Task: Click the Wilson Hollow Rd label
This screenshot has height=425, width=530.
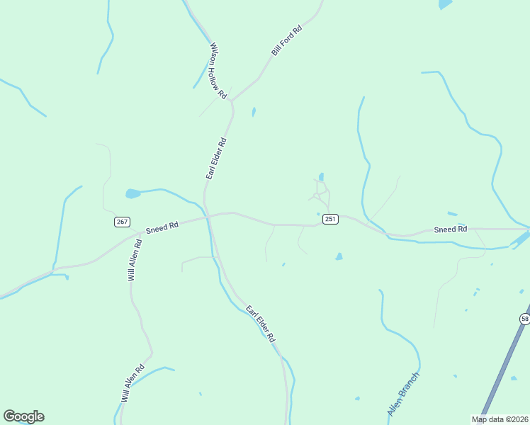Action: click(218, 71)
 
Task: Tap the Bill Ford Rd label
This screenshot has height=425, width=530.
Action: click(286, 40)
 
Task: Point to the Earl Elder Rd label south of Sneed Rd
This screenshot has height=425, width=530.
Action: click(260, 324)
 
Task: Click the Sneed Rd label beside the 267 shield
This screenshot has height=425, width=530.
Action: click(162, 227)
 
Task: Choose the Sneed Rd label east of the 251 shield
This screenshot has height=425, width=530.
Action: click(451, 229)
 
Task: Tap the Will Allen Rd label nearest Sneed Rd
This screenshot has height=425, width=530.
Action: click(135, 260)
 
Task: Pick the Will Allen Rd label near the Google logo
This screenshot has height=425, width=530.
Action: click(132, 383)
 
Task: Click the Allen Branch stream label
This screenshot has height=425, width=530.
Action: click(404, 395)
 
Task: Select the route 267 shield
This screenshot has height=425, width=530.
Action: click(122, 222)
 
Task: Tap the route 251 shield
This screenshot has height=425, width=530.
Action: click(330, 219)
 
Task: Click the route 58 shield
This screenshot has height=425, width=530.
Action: click(524, 319)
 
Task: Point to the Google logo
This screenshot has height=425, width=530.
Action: click(23, 416)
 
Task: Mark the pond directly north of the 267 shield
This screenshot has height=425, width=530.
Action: click(132, 193)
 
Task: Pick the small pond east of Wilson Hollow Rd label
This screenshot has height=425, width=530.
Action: click(254, 111)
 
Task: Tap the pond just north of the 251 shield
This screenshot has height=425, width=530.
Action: click(321, 177)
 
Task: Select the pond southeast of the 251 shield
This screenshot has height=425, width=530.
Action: click(339, 256)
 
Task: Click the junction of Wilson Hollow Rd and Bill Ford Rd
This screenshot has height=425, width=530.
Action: click(230, 101)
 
